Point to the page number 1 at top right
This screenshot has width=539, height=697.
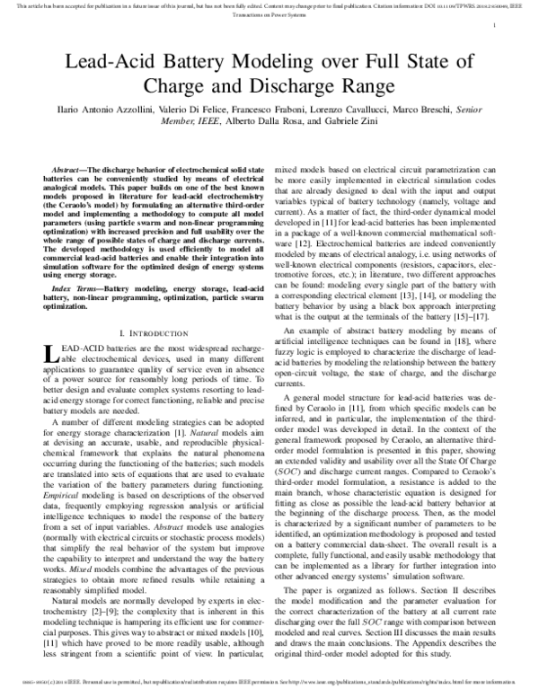tap(495, 28)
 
